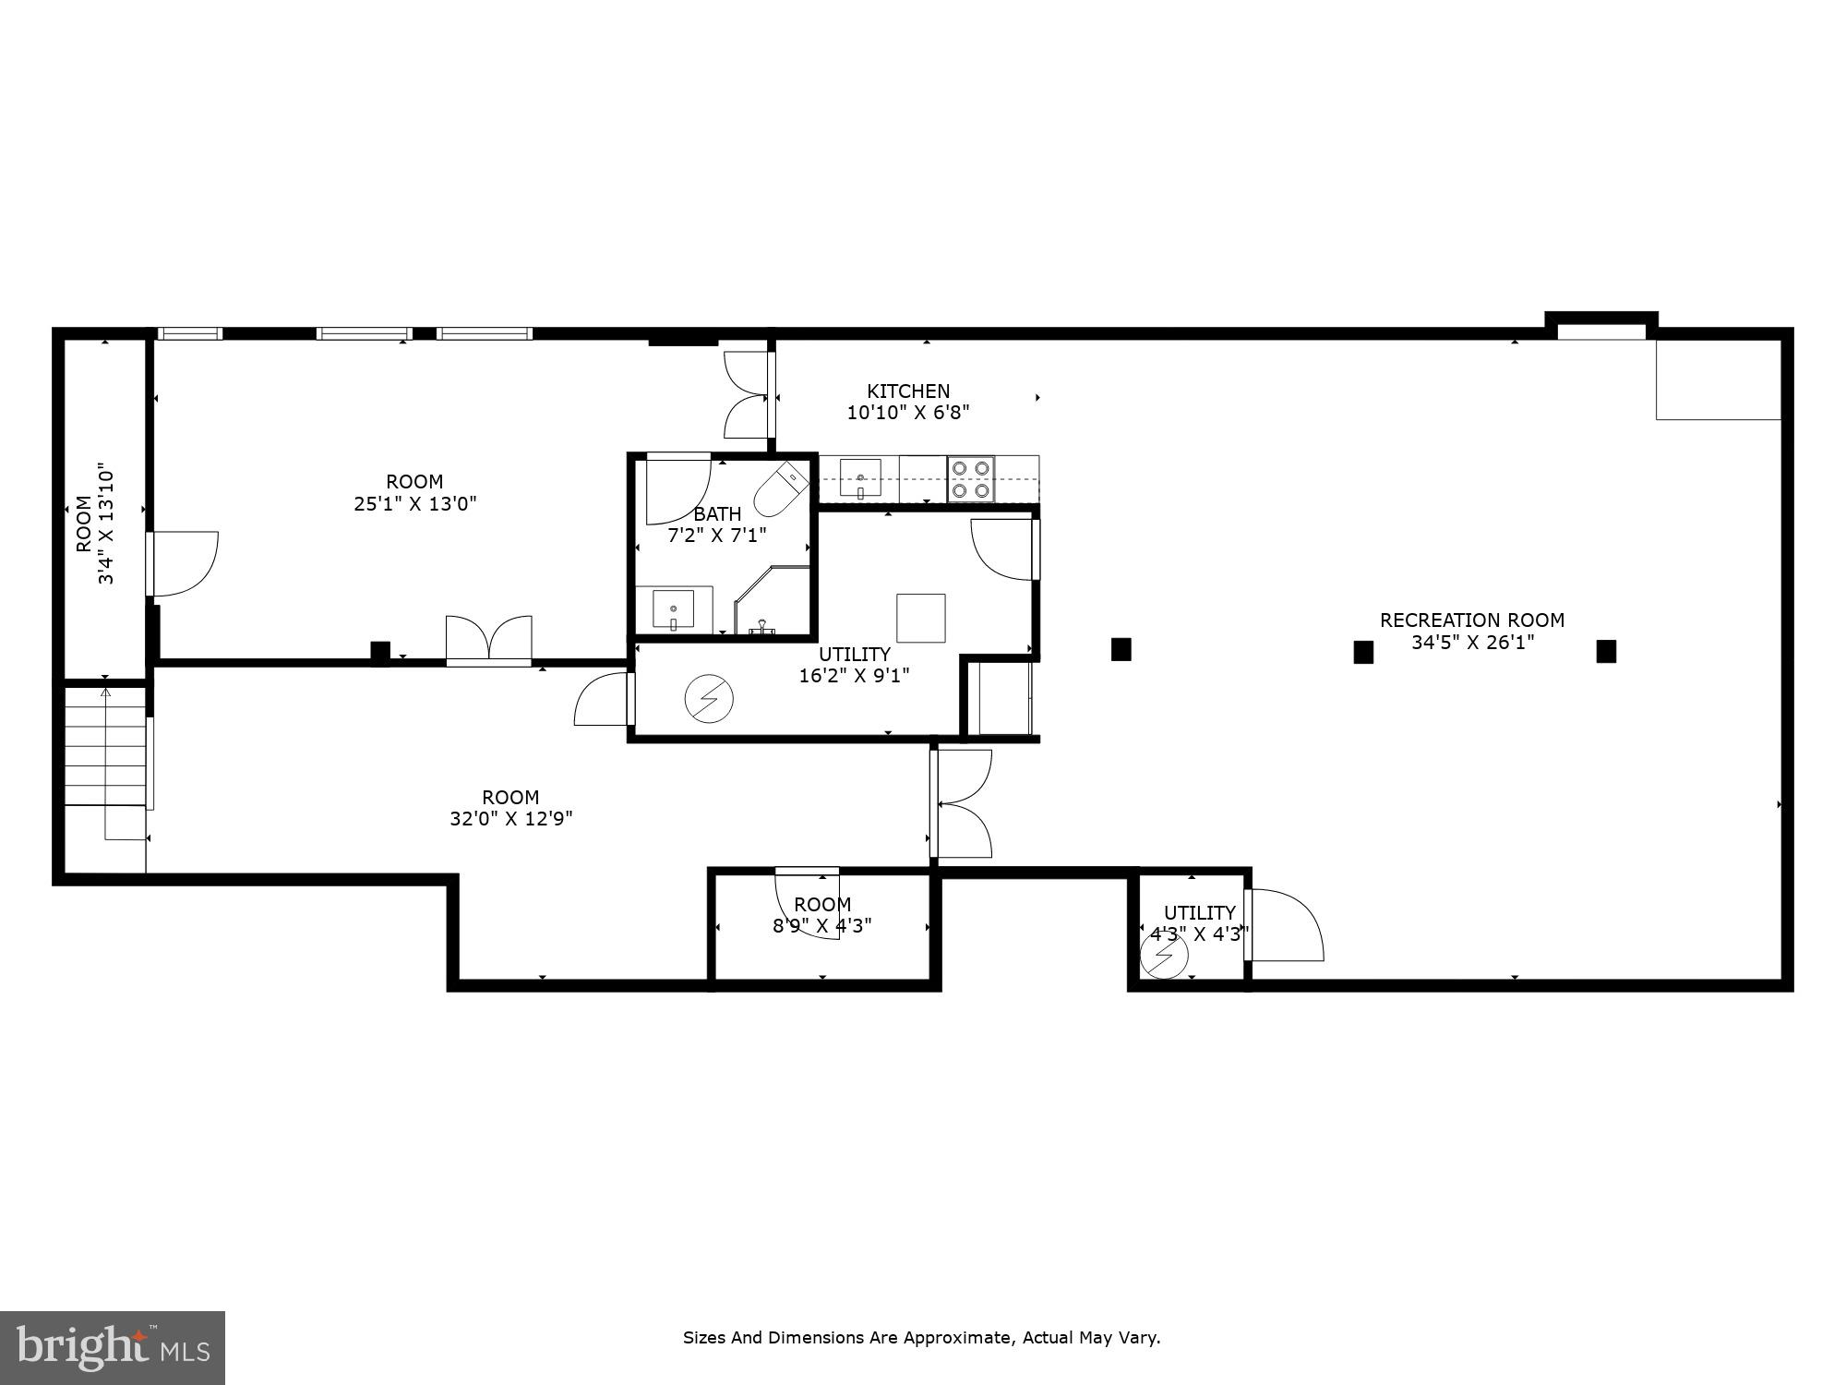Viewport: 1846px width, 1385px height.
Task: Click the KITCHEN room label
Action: click(x=908, y=391)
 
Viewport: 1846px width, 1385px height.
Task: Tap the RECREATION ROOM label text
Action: click(x=1471, y=620)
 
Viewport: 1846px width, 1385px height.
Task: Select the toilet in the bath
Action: click(x=781, y=490)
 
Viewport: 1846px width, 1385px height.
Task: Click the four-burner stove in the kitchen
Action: click(x=971, y=479)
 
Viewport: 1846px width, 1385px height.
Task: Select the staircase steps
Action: click(x=105, y=746)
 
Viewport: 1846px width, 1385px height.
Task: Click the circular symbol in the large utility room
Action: click(x=709, y=701)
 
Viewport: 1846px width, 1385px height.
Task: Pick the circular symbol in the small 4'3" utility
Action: click(x=1163, y=957)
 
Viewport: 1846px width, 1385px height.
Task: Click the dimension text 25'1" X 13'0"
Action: click(x=415, y=504)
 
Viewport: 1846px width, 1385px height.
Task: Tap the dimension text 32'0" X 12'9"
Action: click(x=510, y=818)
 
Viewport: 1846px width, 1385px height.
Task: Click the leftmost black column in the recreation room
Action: click(x=1121, y=649)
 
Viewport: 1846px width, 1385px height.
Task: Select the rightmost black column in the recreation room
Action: click(x=1606, y=651)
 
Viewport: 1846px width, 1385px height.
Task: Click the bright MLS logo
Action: click(x=113, y=1347)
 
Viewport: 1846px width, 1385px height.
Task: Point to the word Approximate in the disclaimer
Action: click(x=959, y=1337)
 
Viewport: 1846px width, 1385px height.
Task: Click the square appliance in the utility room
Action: click(x=920, y=618)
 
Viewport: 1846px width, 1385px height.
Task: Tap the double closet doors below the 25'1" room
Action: click(x=489, y=639)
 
